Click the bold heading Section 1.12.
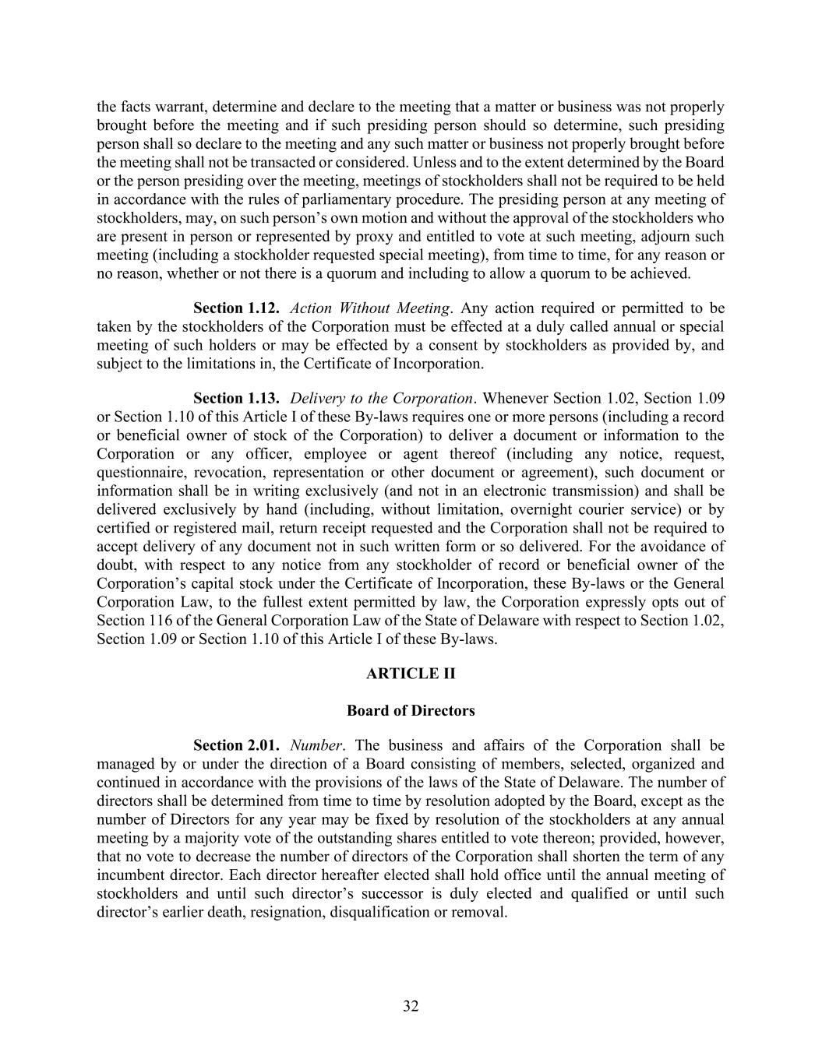point(236,308)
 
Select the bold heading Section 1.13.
point(236,399)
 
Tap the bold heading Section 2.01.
point(236,745)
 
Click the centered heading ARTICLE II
point(411,674)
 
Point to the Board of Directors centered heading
point(411,711)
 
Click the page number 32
point(411,1007)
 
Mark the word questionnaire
point(140,473)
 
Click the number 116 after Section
point(157,621)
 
